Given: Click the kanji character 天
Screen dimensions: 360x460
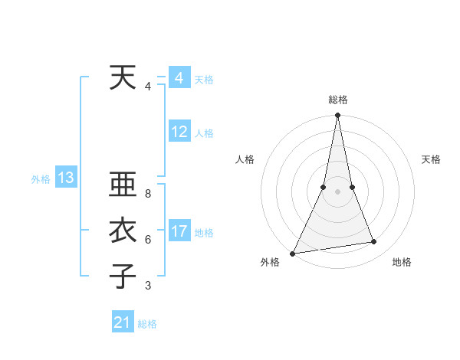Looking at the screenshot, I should pyautogui.click(x=123, y=77).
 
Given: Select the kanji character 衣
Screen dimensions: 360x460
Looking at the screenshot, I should pyautogui.click(x=123, y=231).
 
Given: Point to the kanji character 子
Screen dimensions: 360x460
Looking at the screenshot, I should pyautogui.click(x=123, y=276).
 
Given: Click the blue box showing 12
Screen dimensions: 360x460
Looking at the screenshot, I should pyautogui.click(x=179, y=132).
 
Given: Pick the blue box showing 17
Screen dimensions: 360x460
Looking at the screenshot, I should pyautogui.click(x=179, y=231).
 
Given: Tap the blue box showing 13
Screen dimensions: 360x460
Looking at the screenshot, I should pyautogui.click(x=65, y=178).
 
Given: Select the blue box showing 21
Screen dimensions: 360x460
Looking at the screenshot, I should pyautogui.click(x=123, y=322).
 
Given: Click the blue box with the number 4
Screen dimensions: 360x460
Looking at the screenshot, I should pyautogui.click(x=179, y=78).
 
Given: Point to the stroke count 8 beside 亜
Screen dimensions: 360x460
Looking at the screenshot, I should pyautogui.click(x=148, y=194).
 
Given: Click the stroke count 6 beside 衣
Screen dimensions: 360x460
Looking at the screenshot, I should pyautogui.click(x=148, y=240).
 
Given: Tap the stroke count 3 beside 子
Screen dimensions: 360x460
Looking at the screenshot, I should pyautogui.click(x=148, y=286).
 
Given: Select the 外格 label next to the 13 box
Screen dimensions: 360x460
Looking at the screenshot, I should pyautogui.click(x=41, y=179).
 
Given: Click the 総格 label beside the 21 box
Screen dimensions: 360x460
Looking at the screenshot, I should pyautogui.click(x=147, y=324).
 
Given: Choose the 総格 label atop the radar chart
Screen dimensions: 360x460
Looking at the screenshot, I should pyautogui.click(x=337, y=100).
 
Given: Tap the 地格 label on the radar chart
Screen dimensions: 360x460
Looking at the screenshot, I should pyautogui.click(x=402, y=262).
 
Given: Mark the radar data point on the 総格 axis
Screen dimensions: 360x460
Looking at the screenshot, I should pyautogui.click(x=337, y=116).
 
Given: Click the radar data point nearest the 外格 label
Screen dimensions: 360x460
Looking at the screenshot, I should pyautogui.click(x=293, y=253).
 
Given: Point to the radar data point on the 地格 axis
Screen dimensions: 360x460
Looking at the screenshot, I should pyautogui.click(x=374, y=242).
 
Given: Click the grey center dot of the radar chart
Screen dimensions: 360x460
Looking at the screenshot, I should pyautogui.click(x=337, y=191).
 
